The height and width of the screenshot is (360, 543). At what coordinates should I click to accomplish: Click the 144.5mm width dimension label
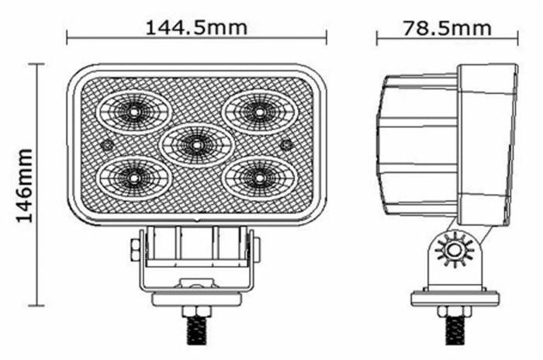pyautogui.click(x=196, y=27)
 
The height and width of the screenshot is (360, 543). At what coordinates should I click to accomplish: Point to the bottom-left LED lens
pyautogui.click(x=133, y=178)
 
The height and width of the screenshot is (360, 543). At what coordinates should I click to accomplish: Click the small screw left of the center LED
pyautogui.click(x=107, y=145)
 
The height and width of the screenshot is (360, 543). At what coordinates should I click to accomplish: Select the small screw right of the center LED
pyautogui.click(x=286, y=145)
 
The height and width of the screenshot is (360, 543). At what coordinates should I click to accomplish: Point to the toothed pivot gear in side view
pyautogui.click(x=451, y=250)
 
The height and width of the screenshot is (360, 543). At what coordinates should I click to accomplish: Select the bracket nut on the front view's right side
pyautogui.click(x=257, y=249)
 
